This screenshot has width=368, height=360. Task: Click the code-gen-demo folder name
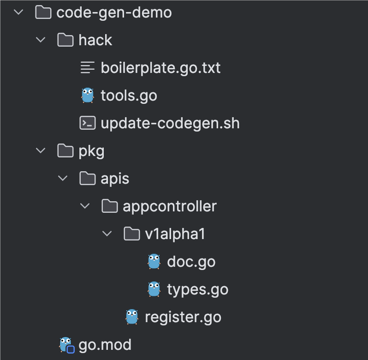(x=114, y=12)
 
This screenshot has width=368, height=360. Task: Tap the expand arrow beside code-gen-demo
(x=19, y=12)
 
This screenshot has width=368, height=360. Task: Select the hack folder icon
(x=65, y=40)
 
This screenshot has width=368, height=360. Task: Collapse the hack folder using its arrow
(x=41, y=40)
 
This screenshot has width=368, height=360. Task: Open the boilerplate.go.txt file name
(x=160, y=68)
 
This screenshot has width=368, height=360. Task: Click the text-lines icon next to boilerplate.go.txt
(x=88, y=68)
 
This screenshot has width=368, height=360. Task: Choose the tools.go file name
(x=129, y=96)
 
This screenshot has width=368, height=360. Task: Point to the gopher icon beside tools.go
(x=88, y=95)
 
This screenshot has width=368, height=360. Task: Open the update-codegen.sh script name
(x=170, y=123)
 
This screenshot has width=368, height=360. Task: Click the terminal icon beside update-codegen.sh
(x=88, y=123)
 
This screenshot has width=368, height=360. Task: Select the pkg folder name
(x=92, y=151)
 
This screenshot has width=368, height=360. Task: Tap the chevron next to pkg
(x=41, y=151)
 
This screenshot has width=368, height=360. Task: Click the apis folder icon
(x=88, y=179)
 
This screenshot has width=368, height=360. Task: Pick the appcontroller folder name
(x=170, y=206)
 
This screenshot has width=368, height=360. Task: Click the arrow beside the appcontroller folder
(x=85, y=206)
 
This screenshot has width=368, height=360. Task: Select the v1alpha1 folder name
(x=175, y=234)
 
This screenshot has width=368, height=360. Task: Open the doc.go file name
(x=191, y=262)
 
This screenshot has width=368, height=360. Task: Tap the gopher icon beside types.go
(x=154, y=289)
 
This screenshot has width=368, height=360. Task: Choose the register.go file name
(x=183, y=317)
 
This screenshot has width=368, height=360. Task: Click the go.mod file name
(x=105, y=345)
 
